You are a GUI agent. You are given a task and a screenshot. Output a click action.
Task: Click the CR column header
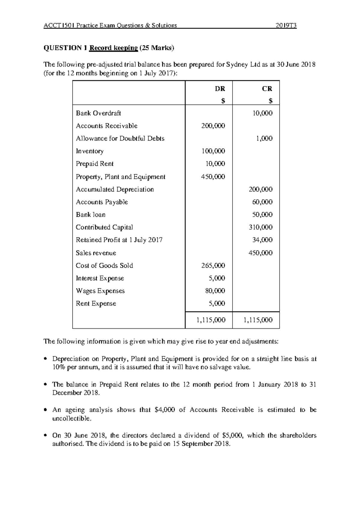[267, 89]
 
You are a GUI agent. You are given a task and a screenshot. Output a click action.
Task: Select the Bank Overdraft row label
[98, 113]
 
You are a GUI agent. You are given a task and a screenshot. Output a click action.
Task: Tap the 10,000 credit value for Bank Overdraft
[262, 113]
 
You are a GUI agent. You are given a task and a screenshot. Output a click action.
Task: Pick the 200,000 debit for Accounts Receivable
[213, 126]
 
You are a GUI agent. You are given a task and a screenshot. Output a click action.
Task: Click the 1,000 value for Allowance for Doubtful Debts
[264, 138]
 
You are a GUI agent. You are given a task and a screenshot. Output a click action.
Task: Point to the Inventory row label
[90, 151]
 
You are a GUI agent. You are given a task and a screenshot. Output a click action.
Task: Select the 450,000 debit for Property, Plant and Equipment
[213, 177]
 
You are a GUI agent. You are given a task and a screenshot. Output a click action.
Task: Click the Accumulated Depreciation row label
[115, 189]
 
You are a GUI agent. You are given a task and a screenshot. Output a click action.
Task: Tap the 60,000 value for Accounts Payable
[262, 202]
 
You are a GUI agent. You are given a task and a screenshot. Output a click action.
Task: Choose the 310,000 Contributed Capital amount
[261, 227]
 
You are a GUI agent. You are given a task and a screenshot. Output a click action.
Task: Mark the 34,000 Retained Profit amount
[262, 240]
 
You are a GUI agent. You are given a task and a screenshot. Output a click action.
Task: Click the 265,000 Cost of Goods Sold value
[213, 266]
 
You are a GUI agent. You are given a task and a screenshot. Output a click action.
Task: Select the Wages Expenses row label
[100, 291]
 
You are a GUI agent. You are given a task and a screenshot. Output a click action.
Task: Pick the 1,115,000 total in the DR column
[211, 320]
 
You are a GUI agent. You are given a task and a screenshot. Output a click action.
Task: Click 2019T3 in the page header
[286, 25]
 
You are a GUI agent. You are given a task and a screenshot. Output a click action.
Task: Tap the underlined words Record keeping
[113, 48]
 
